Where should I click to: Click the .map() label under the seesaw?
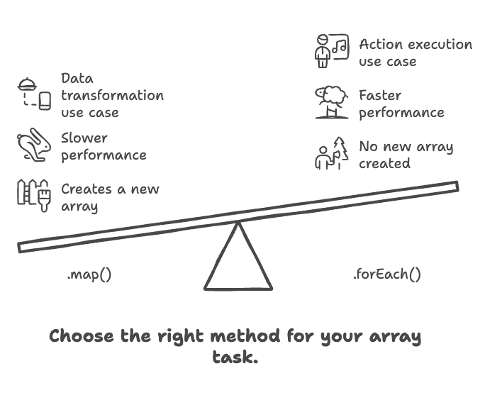(89, 274)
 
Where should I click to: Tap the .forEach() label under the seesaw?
(386, 274)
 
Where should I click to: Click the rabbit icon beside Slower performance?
(34, 145)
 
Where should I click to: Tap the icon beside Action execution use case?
(331, 51)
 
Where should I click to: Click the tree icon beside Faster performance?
(331, 103)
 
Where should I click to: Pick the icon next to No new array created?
(331, 154)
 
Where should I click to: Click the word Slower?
(84, 138)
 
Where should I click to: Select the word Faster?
(380, 96)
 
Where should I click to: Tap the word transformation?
(112, 96)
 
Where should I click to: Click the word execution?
(437, 45)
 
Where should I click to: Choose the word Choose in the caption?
(82, 335)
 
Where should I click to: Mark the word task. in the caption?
(235, 357)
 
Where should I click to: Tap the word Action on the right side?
(381, 45)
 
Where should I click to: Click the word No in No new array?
(368, 148)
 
